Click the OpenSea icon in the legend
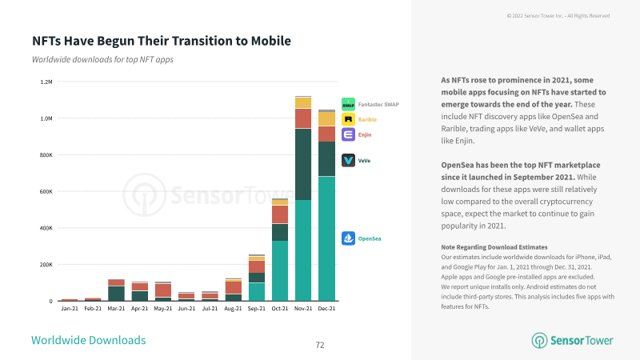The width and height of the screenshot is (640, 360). [x=348, y=238]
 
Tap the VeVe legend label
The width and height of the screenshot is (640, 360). [x=364, y=161]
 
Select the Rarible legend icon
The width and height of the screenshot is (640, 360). [x=348, y=119]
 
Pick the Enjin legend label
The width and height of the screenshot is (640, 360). [x=365, y=134]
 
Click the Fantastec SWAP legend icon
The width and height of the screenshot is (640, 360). [x=348, y=104]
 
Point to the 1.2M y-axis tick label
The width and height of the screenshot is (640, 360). [x=46, y=82]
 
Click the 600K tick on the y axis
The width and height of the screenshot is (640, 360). [x=46, y=191]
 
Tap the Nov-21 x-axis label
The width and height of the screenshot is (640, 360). [x=303, y=309]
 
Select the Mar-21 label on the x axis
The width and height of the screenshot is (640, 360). [x=116, y=309]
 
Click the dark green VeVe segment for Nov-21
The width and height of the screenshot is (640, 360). [x=303, y=165]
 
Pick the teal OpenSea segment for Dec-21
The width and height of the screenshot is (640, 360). [x=326, y=238]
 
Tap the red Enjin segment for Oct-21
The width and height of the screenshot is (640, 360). [x=280, y=214]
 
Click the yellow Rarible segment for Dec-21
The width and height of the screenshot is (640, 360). [x=326, y=119]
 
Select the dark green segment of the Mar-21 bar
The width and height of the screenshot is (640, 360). [x=116, y=294]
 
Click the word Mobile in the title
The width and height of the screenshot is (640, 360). [x=271, y=41]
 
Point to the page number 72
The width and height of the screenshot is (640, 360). [x=320, y=345]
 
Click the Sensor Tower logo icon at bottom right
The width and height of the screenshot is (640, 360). [x=539, y=341]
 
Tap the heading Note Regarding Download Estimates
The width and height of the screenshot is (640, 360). [x=494, y=247]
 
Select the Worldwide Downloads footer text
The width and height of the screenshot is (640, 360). [x=89, y=340]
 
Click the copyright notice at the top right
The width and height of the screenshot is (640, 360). [x=558, y=16]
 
